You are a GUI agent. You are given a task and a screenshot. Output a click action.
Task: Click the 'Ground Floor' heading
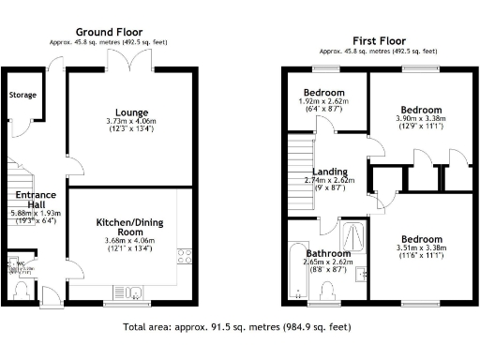pyautogui.click(x=110, y=32)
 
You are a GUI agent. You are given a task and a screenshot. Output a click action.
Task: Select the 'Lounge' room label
pyautogui.click(x=130, y=112)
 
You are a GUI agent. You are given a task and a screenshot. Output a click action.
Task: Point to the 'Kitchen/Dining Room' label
pyautogui.click(x=130, y=226)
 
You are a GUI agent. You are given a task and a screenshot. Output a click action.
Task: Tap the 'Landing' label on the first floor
pyautogui.click(x=329, y=172)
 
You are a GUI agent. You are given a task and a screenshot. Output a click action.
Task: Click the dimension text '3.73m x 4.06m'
pyautogui.click(x=130, y=122)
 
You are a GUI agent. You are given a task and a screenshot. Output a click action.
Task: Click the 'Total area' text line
pyautogui.click(x=237, y=329)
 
